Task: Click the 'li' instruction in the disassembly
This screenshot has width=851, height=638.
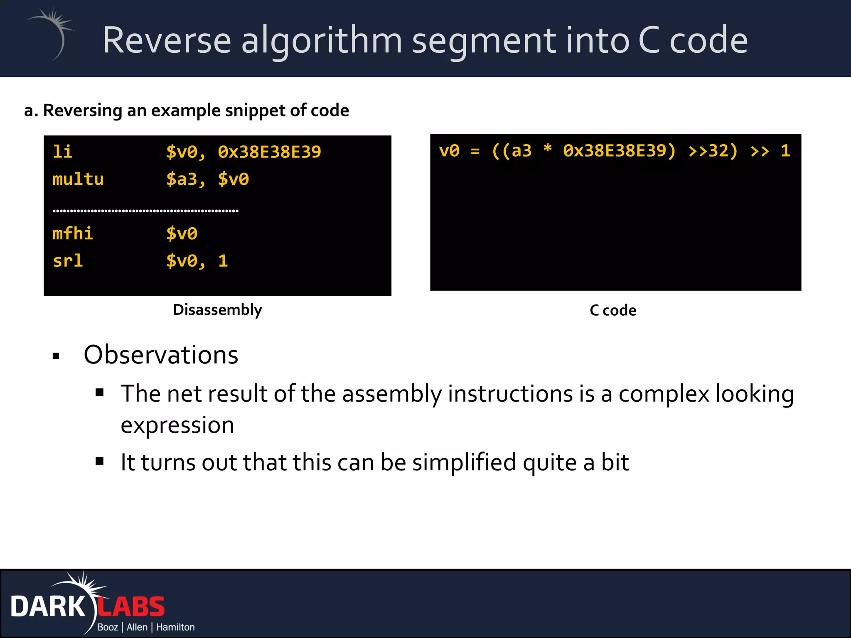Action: point(62,152)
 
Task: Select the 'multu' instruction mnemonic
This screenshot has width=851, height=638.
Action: point(78,179)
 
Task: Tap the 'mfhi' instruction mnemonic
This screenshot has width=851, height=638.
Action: point(73,233)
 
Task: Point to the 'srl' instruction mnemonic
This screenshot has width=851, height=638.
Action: point(68,261)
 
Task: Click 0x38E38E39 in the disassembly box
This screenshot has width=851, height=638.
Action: point(269,152)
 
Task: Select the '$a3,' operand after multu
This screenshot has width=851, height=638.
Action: point(186,179)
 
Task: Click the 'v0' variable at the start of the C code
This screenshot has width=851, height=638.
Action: point(449,151)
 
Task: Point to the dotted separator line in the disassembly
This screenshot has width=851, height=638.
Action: point(145,211)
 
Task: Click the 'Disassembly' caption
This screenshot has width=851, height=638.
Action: point(217,310)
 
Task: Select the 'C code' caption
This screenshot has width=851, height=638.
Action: point(613,310)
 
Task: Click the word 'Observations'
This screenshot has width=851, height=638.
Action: point(161,355)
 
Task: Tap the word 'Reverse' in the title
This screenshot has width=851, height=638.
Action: point(167,40)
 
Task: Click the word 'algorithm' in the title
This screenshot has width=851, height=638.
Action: point(322,40)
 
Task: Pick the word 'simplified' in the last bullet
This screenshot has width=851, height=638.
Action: point(464,462)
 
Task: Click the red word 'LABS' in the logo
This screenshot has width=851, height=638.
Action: point(131,607)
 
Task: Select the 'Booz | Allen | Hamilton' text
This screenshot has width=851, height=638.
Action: point(146,627)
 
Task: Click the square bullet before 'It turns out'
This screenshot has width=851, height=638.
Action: point(99,461)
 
